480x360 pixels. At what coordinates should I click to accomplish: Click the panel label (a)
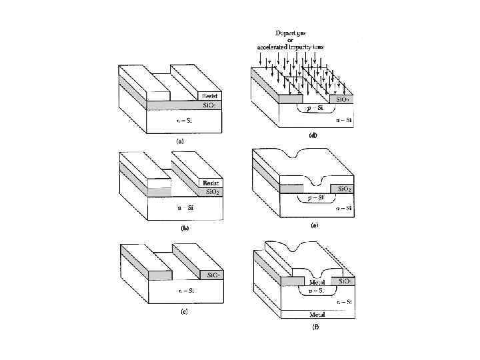pyautogui.click(x=179, y=141)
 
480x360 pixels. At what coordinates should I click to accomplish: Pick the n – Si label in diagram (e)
pyautogui.click(x=345, y=209)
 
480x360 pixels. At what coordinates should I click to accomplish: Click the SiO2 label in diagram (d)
pyautogui.click(x=342, y=99)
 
